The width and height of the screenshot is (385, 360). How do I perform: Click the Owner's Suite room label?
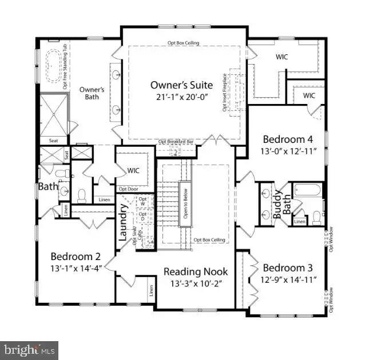pyautogui.click(x=181, y=85)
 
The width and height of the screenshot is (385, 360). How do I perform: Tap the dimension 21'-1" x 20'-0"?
pyautogui.click(x=181, y=98)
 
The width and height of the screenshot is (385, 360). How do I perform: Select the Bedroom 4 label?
pyautogui.click(x=288, y=138)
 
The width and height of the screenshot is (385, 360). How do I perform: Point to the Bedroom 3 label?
pyautogui.click(x=287, y=267)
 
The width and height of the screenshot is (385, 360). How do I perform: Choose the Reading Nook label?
pyautogui.click(x=196, y=271)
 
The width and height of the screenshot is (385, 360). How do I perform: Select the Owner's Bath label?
pyautogui.click(x=91, y=93)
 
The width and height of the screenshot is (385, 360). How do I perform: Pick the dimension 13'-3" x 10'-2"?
pyautogui.click(x=196, y=283)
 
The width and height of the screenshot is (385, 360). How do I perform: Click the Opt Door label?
pyautogui.click(x=130, y=189)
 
